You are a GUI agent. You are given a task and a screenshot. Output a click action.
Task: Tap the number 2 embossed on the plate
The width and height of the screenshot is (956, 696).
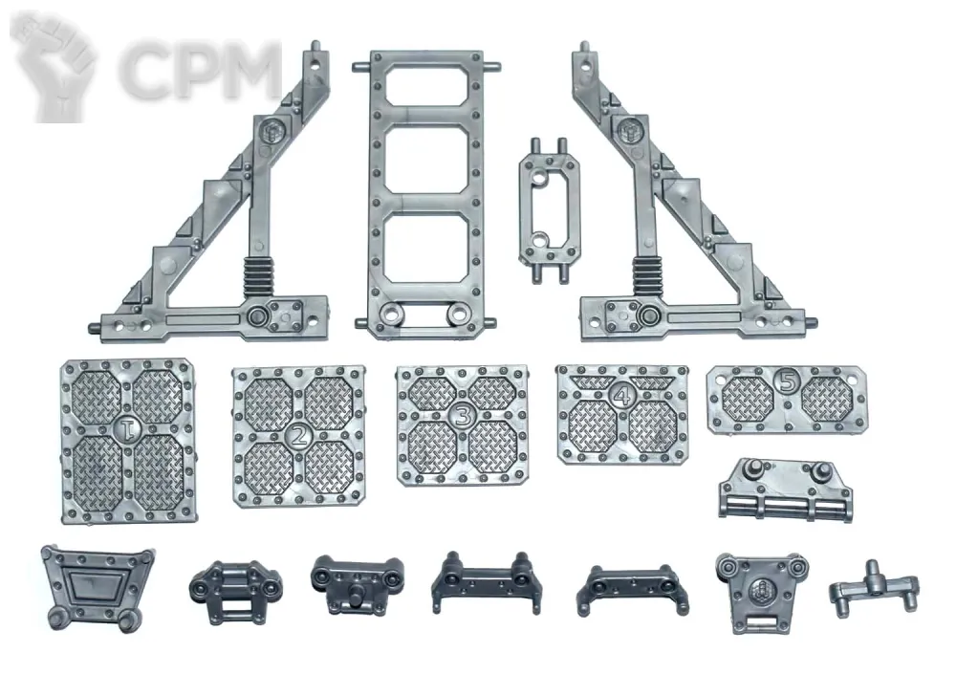(x=298, y=435)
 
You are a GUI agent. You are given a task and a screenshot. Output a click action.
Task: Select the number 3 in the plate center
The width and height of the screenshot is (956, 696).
(x=463, y=415)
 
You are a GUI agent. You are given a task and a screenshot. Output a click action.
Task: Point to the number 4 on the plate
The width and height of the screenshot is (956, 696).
(x=622, y=396)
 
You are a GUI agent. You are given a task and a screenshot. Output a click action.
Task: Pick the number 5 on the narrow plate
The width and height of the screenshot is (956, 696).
(x=788, y=381)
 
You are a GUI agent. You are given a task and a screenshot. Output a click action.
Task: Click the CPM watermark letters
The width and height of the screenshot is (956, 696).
(x=199, y=70)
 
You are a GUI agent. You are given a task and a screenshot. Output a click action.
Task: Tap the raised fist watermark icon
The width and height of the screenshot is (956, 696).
(x=54, y=67)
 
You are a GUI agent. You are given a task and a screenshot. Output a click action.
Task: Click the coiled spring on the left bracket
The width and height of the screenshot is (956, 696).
(x=259, y=276)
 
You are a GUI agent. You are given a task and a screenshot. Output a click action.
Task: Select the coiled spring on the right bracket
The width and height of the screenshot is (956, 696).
(x=647, y=276)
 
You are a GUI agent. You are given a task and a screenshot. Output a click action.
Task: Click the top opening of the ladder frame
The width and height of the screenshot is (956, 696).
(x=426, y=85)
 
